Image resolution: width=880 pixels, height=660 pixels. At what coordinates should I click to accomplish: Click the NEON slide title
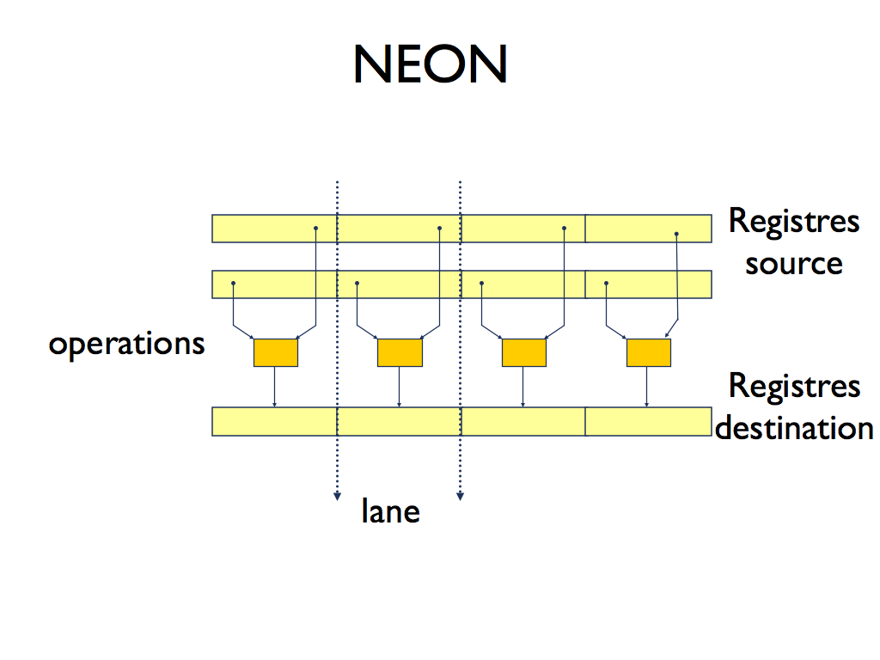pyautogui.click(x=430, y=64)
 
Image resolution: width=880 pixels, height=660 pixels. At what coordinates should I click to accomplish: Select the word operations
pyautogui.click(x=126, y=344)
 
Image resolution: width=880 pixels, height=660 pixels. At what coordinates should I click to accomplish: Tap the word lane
pyautogui.click(x=390, y=512)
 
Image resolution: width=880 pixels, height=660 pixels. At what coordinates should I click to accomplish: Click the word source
pyautogui.click(x=793, y=262)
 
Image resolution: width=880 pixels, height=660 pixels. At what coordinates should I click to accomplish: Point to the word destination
pyautogui.click(x=794, y=427)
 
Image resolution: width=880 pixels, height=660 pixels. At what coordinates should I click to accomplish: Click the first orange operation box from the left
pyautogui.click(x=276, y=352)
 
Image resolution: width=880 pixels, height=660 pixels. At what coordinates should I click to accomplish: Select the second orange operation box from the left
pyautogui.click(x=400, y=352)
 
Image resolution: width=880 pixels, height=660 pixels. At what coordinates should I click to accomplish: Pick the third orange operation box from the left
pyautogui.click(x=524, y=352)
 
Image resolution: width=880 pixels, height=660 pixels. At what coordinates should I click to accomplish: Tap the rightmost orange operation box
pyautogui.click(x=648, y=352)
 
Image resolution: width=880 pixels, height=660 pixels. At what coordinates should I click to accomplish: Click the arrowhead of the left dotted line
pyautogui.click(x=336, y=495)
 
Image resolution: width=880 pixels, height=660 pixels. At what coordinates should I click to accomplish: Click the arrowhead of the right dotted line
pyautogui.click(x=460, y=495)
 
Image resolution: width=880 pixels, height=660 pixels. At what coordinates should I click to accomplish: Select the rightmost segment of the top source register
pyautogui.click(x=648, y=229)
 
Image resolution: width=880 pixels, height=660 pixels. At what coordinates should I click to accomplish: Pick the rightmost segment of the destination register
pyautogui.click(x=648, y=422)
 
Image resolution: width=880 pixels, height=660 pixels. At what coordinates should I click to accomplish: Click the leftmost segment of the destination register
pyautogui.click(x=274, y=422)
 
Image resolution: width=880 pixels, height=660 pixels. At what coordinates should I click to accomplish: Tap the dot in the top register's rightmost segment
pyautogui.click(x=676, y=234)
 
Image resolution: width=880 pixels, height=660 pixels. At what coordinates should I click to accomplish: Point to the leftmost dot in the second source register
pyautogui.click(x=233, y=284)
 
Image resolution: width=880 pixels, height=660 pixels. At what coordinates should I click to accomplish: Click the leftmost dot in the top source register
pyautogui.click(x=315, y=228)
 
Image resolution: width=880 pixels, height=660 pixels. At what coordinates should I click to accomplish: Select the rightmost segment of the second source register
pyautogui.click(x=648, y=284)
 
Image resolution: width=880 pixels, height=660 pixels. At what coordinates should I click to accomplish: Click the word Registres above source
pyautogui.click(x=793, y=222)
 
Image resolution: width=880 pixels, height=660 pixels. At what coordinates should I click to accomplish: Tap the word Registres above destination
pyautogui.click(x=794, y=387)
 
